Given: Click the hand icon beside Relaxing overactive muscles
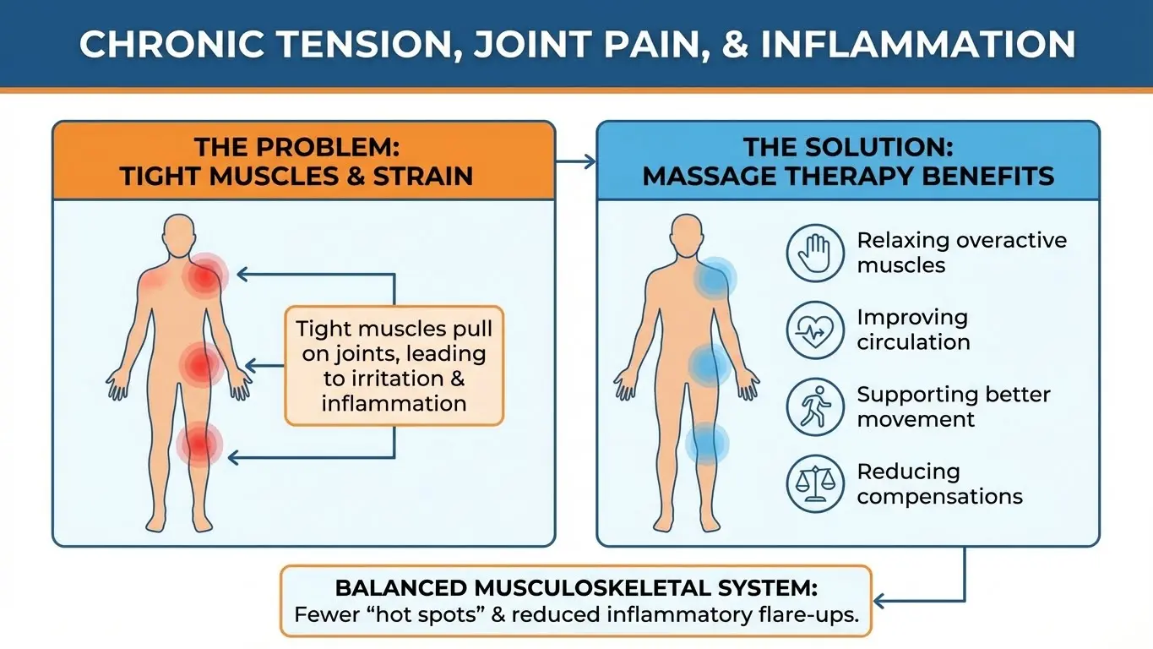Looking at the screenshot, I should click(x=815, y=253).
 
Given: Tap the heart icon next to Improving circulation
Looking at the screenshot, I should click(x=815, y=330).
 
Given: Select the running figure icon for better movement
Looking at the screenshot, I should click(x=815, y=407).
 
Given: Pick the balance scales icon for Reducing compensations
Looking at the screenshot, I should click(x=815, y=484).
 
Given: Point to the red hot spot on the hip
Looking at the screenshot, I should click(x=199, y=365).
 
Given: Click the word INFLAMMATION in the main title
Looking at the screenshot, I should click(x=917, y=44).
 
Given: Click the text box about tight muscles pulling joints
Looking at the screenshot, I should click(x=394, y=365).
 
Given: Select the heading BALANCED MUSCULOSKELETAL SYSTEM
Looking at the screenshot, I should click(x=576, y=588).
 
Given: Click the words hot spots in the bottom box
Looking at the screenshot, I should click(x=426, y=615).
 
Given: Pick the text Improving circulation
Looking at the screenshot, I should click(x=912, y=330).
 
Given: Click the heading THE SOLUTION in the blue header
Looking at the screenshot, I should click(x=847, y=147).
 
